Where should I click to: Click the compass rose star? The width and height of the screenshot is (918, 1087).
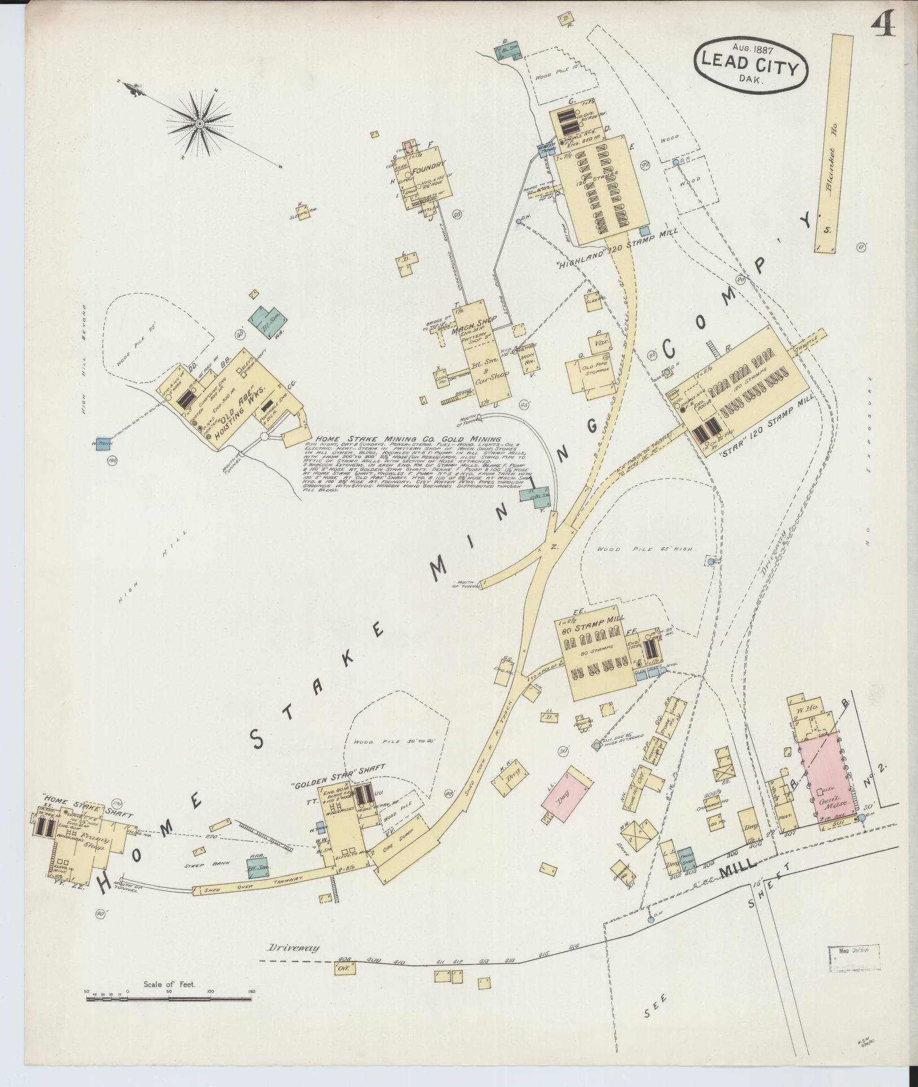pos(199,124)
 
